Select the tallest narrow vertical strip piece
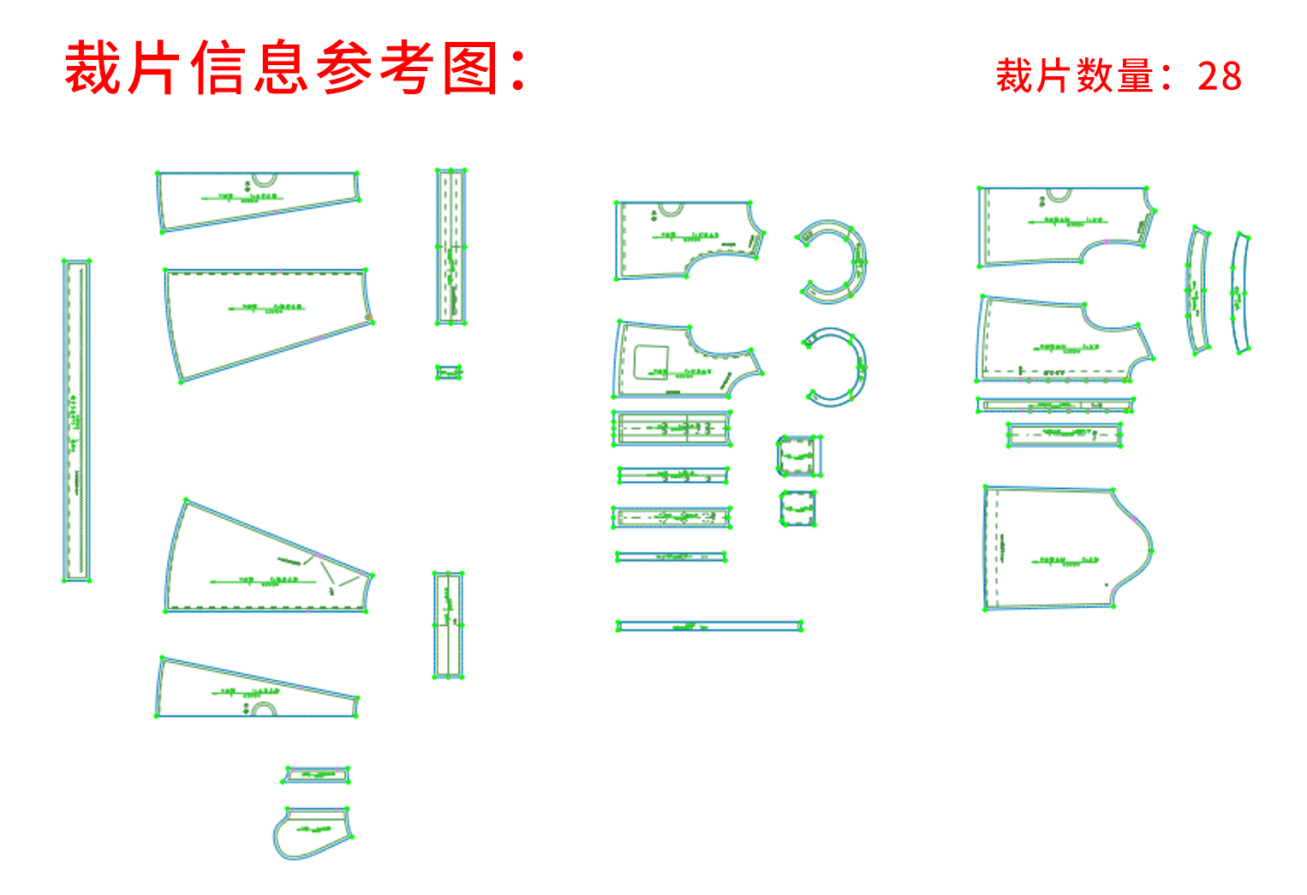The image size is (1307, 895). click(76, 421)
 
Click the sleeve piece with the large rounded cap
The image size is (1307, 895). click(1066, 548)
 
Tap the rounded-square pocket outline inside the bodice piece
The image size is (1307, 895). click(652, 361)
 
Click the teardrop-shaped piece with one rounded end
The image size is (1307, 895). click(310, 832)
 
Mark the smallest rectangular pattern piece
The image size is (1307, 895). click(449, 372)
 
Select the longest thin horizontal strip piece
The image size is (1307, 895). click(709, 626)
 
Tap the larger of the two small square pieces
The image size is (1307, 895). click(799, 456)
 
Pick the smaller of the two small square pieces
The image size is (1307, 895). click(797, 508)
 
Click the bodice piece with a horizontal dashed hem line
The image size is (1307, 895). click(1062, 343)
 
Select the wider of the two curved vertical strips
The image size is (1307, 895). click(1197, 291)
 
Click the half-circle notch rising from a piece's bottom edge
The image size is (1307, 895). click(265, 710)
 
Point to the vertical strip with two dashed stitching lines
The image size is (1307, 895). click(451, 247)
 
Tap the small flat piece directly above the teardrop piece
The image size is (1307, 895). click(317, 775)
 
